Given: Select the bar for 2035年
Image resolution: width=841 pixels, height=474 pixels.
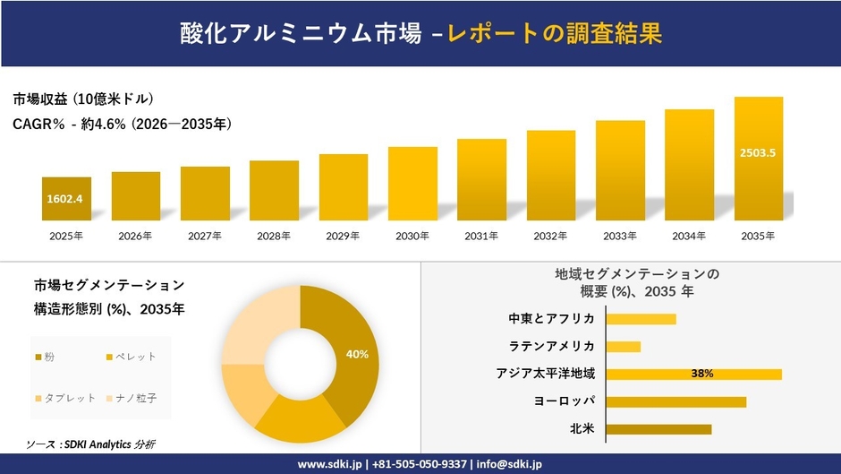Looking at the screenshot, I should tap(758, 159).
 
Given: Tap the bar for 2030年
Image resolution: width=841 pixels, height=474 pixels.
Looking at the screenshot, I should tap(412, 184).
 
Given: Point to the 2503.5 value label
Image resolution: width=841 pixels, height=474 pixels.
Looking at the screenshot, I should tap(758, 153).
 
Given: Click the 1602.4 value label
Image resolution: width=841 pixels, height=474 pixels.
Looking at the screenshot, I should tap(65, 199).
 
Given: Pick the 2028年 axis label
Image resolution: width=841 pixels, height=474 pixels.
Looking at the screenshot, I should tap(274, 237).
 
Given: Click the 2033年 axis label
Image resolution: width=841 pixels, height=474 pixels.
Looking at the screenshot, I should tap(620, 237).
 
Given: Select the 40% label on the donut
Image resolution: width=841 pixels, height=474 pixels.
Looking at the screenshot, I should tap(358, 355).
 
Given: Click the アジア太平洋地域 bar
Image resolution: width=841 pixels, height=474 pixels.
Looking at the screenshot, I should tap(693, 374).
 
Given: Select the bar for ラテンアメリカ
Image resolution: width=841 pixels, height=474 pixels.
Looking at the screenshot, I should tap(624, 347).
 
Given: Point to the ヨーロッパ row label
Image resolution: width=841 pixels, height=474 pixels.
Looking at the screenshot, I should tap(565, 401).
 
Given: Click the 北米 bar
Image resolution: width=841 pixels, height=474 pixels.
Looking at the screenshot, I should tap(658, 429).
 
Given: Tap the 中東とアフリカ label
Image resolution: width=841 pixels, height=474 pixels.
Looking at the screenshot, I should tap(551, 319).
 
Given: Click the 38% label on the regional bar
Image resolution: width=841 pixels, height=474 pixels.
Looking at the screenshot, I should tap(701, 374).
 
